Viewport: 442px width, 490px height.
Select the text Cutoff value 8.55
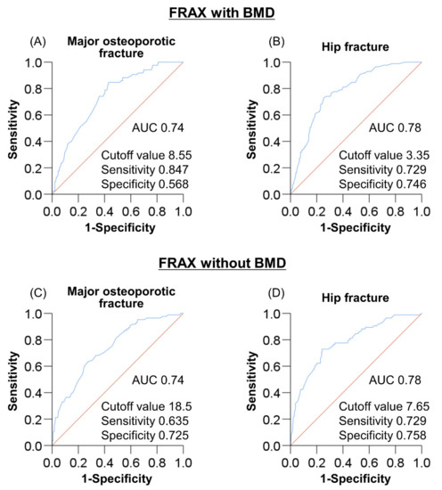(x=148, y=152)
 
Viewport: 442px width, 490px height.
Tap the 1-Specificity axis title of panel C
(x=117, y=478)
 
